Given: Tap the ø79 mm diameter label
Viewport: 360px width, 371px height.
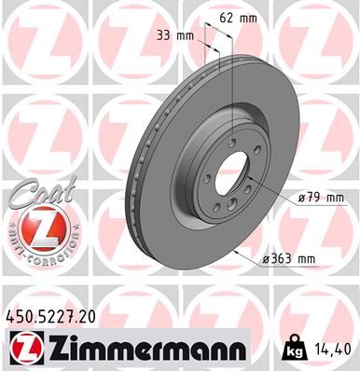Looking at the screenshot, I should click(x=322, y=198).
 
